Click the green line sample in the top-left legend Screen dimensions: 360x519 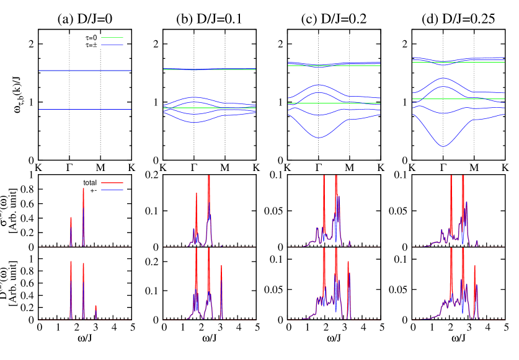112,37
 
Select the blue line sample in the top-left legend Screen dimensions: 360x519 112,45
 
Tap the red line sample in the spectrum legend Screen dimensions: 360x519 112,183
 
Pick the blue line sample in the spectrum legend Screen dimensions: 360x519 112,190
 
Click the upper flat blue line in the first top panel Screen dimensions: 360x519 85,71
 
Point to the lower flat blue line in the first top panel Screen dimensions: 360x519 85,109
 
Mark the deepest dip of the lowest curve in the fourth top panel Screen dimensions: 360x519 443,146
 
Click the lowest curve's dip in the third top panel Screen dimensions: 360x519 319,137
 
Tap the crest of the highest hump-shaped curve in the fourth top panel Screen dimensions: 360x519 443,78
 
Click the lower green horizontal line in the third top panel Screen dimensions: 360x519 360,103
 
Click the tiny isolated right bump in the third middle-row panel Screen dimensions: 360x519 350,242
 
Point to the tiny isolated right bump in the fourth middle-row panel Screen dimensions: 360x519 477,243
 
